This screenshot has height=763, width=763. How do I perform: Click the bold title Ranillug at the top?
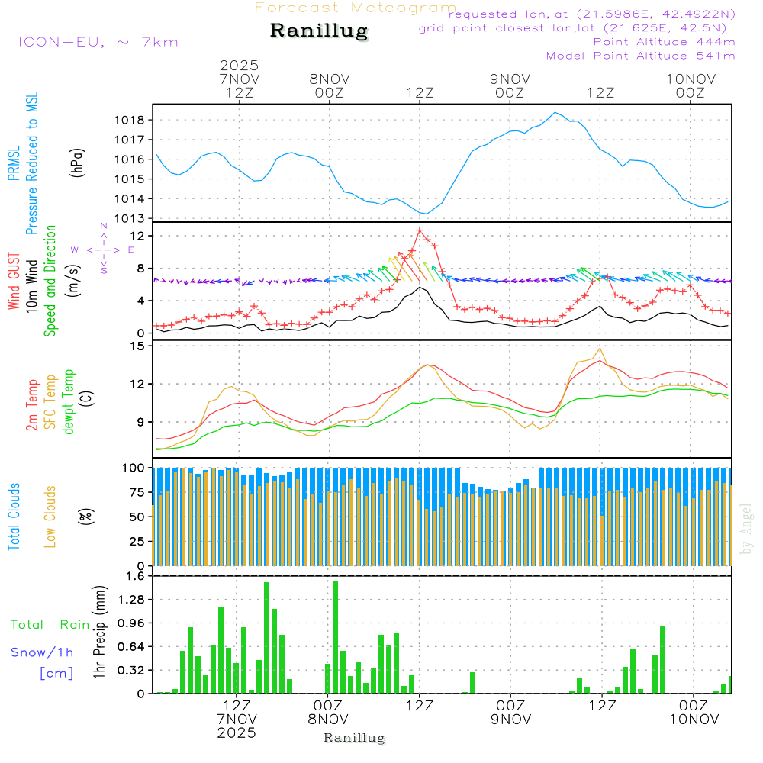tap(319, 31)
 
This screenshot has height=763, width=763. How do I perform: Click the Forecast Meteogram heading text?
tap(356, 8)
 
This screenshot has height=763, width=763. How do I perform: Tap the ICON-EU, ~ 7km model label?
tap(98, 42)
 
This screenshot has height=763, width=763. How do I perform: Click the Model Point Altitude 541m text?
tap(640, 56)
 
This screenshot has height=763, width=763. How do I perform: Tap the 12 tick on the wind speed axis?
tap(138, 237)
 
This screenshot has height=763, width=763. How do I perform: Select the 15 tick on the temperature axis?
tap(138, 346)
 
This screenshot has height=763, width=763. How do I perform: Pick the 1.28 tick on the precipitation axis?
tap(132, 600)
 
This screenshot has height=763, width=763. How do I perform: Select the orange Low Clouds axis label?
tap(51, 515)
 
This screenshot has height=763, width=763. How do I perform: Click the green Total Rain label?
tap(50, 625)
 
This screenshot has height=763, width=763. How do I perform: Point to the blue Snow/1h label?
tap(42, 652)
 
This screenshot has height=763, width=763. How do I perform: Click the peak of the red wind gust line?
tap(420, 230)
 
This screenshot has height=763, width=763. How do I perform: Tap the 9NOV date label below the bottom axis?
tap(510, 718)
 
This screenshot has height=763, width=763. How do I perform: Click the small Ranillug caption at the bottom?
tap(354, 738)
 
